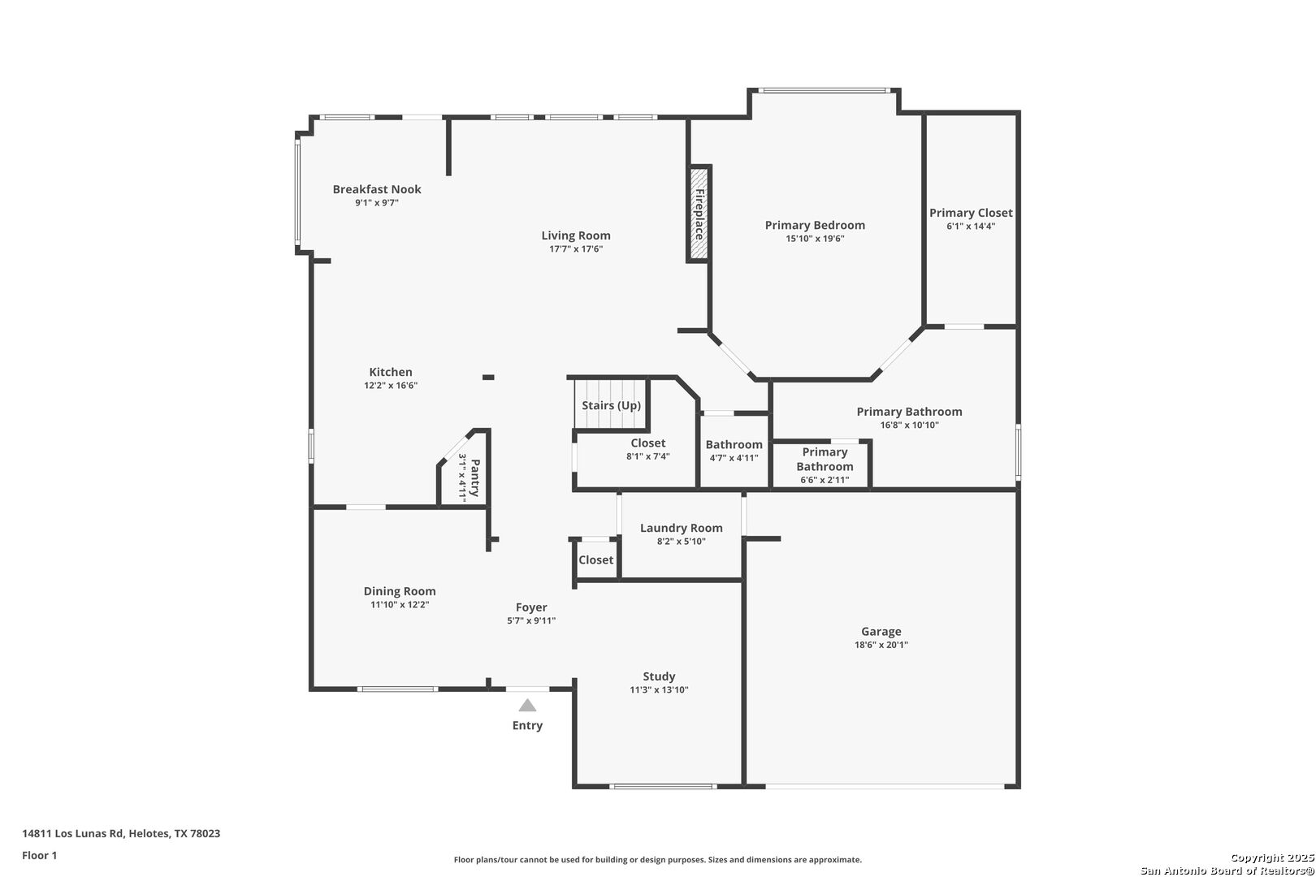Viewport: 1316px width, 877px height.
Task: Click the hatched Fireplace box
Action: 699,214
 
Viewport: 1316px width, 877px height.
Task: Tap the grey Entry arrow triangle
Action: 527,705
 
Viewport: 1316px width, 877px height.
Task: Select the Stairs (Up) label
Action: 611,405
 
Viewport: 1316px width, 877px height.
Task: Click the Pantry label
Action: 475,478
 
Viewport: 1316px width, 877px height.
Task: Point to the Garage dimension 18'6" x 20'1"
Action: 881,645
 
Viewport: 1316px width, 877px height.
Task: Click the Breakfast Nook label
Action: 377,189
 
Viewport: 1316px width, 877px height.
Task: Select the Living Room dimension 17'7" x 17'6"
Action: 576,249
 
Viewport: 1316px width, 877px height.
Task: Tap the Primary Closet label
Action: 971,213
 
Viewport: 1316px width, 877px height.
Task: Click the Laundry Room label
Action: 681,528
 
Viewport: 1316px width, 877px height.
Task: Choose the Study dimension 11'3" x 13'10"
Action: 659,689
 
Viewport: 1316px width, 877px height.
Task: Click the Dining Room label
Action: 400,591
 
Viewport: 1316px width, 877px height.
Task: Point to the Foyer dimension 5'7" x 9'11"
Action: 531,620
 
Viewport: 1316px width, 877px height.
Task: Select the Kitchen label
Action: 391,372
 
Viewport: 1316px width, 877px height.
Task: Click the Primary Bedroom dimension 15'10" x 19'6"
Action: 815,239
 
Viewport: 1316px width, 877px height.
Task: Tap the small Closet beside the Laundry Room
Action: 595,559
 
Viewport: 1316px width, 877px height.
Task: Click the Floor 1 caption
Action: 39,855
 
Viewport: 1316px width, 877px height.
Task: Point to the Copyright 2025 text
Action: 1272,858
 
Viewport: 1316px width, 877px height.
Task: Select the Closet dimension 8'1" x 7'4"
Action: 648,456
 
